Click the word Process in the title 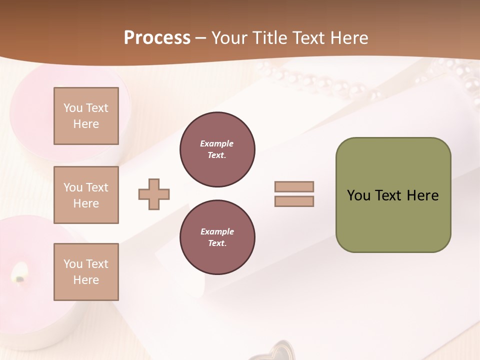pos(157,38)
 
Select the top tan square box pos(86,116)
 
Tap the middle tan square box pos(86,195)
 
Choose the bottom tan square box pos(86,272)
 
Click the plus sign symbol pos(154,194)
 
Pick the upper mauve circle pos(217,149)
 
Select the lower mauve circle pos(217,237)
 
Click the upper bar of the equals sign pos(294,186)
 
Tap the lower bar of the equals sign pos(294,201)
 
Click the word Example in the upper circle pos(217,144)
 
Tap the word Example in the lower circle pos(217,232)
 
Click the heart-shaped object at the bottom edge pos(276,350)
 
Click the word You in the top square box pos(72,108)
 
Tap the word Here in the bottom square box pos(86,280)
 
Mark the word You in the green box pos(358,195)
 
